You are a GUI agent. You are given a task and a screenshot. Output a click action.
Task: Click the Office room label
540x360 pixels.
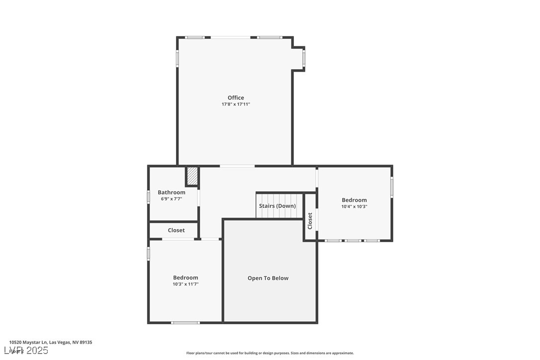pyautogui.click(x=236, y=98)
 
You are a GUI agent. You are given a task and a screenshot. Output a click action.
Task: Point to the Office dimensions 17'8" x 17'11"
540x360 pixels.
pyautogui.click(x=236, y=104)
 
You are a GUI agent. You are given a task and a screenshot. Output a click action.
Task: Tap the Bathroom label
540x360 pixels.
pyautogui.click(x=172, y=192)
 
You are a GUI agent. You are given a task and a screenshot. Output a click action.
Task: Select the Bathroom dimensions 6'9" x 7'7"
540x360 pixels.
pyautogui.click(x=172, y=199)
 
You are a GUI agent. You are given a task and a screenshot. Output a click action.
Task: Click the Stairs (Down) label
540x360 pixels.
pyautogui.click(x=277, y=206)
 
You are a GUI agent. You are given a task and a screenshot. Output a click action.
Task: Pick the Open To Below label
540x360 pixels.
pyautogui.click(x=268, y=278)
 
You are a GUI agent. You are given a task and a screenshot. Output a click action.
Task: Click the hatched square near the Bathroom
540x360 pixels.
pyautogui.click(x=192, y=176)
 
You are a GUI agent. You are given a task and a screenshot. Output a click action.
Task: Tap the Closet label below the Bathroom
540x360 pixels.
pyautogui.click(x=176, y=230)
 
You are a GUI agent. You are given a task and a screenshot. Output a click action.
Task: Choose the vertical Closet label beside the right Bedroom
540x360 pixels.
pyautogui.click(x=310, y=221)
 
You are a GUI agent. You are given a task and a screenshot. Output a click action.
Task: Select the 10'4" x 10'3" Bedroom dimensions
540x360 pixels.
pyautogui.click(x=354, y=207)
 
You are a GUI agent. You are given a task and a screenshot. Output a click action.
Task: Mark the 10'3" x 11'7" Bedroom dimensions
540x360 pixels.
pyautogui.click(x=185, y=284)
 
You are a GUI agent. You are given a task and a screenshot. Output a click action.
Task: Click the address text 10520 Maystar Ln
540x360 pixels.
pyautogui.click(x=50, y=342)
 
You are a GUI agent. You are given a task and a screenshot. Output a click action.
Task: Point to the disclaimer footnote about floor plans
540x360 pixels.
pyautogui.click(x=270, y=353)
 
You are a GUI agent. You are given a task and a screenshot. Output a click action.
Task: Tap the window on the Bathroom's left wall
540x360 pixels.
pyautogui.click(x=148, y=196)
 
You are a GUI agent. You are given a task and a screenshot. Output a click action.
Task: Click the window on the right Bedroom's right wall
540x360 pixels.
pyautogui.click(x=392, y=187)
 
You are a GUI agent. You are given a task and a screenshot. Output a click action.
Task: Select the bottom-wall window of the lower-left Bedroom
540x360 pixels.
pyautogui.click(x=185, y=323)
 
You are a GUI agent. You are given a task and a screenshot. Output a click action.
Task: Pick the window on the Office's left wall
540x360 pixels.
pyautogui.click(x=177, y=58)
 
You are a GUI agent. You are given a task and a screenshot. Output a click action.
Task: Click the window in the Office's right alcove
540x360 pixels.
pyautogui.click(x=304, y=59)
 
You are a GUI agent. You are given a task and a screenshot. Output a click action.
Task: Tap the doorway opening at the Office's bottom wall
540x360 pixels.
pyautogui.click(x=237, y=166)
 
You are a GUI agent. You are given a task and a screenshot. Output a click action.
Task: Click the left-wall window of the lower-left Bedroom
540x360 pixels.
pyautogui.click(x=148, y=254)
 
